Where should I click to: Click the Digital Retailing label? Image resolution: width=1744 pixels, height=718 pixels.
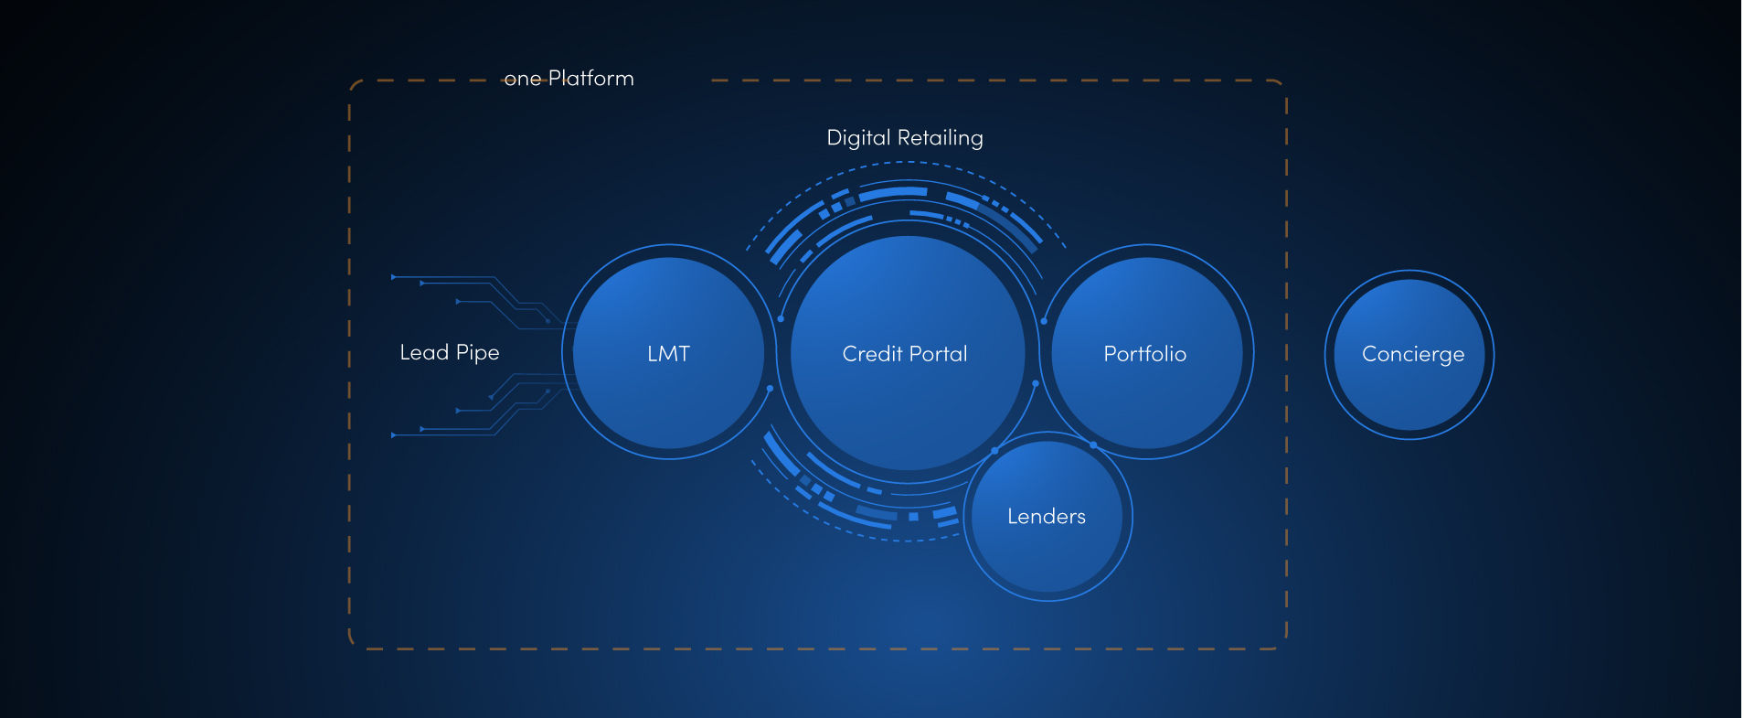point(905,138)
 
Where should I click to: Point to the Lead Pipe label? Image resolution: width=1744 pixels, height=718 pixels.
point(450,353)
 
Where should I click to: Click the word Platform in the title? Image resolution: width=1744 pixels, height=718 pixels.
point(590,79)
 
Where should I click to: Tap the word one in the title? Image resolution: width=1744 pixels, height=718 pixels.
point(523,80)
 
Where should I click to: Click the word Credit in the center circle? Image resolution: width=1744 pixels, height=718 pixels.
point(871,354)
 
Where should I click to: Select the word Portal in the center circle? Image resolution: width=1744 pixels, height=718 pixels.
point(939,354)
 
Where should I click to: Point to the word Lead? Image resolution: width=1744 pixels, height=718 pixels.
point(424,353)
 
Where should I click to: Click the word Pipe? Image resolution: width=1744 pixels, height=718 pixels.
point(477,353)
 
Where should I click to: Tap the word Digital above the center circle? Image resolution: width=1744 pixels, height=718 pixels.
point(858,138)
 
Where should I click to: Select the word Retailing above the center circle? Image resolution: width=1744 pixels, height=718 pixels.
point(941,138)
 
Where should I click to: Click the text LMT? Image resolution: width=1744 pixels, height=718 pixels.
point(668,354)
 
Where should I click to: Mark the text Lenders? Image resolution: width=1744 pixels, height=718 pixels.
point(1047,517)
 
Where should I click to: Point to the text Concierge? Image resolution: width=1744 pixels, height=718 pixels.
point(1413,355)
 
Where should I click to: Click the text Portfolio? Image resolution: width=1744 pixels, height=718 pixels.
point(1145,354)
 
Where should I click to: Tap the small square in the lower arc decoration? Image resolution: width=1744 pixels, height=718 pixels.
point(913,517)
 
